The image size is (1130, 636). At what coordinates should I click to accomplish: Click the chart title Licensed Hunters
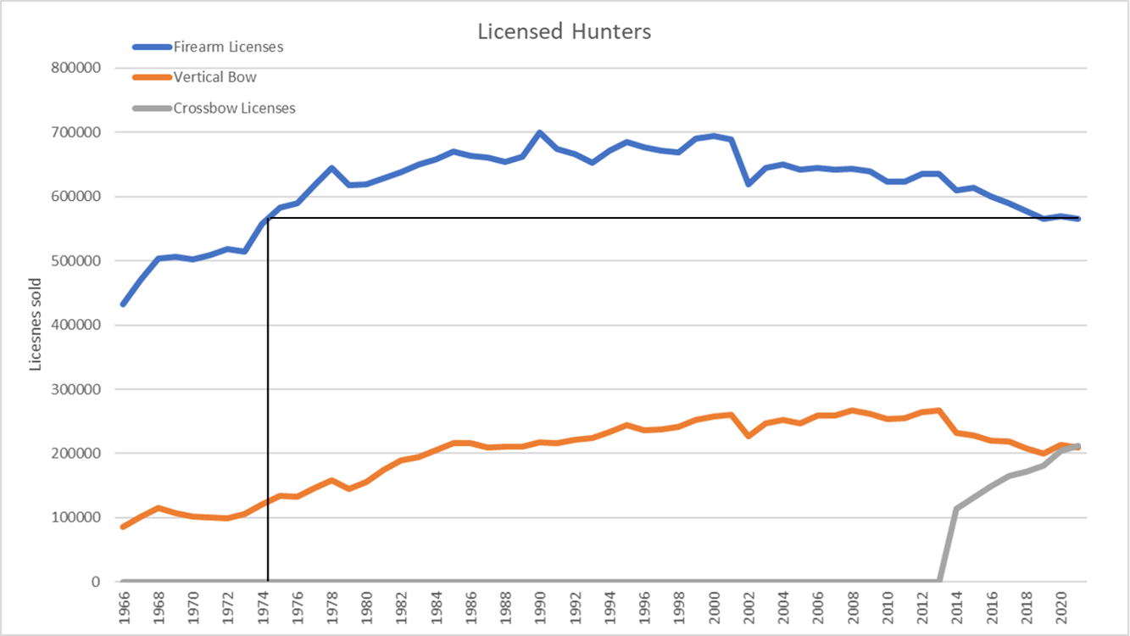(564, 32)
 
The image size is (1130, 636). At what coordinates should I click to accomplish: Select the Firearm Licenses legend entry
(228, 47)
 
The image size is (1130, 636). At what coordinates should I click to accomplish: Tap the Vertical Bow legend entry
(214, 77)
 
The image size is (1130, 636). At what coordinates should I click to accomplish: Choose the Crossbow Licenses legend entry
(234, 108)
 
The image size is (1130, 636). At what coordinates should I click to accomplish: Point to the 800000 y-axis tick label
(78, 68)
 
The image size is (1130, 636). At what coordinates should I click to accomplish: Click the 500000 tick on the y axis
(78, 261)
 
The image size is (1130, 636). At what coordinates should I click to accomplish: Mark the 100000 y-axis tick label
(78, 518)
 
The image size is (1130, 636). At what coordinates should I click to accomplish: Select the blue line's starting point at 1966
(124, 304)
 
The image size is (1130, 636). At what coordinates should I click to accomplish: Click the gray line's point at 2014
(956, 509)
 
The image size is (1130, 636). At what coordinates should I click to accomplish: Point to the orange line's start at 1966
(124, 527)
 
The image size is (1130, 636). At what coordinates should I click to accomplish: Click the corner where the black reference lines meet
(268, 218)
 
